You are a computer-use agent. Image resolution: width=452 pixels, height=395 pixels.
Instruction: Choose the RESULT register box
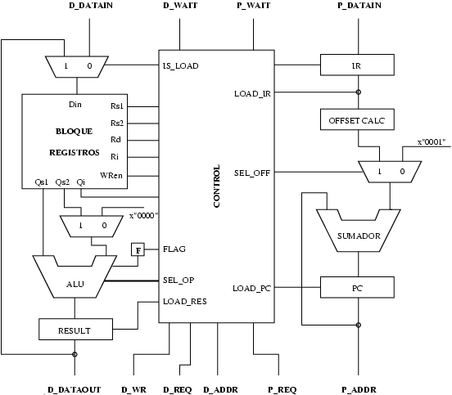tap(75, 330)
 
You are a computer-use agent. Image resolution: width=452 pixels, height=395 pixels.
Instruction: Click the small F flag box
tap(137, 249)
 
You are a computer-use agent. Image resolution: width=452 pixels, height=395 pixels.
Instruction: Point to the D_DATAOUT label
tap(74, 389)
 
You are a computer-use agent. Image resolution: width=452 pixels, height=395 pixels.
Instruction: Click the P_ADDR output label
tap(358, 389)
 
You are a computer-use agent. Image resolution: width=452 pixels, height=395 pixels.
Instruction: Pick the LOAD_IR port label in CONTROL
tap(251, 94)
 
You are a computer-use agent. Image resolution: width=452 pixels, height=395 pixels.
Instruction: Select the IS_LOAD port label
tap(180, 65)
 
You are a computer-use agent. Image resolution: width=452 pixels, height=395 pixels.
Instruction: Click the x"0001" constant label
tap(431, 142)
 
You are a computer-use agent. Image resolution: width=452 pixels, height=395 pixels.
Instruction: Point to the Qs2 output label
tap(62, 182)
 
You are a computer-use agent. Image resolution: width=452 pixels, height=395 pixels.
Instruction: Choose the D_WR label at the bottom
tap(133, 389)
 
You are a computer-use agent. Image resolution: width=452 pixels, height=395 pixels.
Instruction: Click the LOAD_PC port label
tap(251, 288)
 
